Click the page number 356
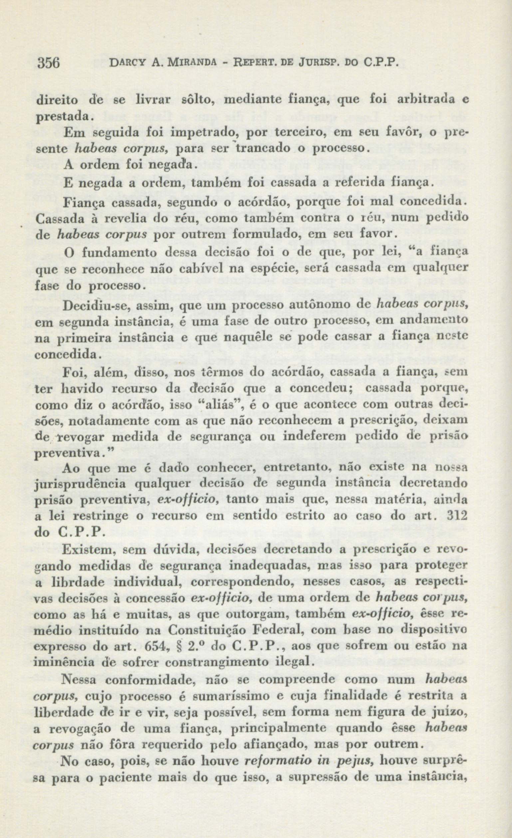49,64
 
